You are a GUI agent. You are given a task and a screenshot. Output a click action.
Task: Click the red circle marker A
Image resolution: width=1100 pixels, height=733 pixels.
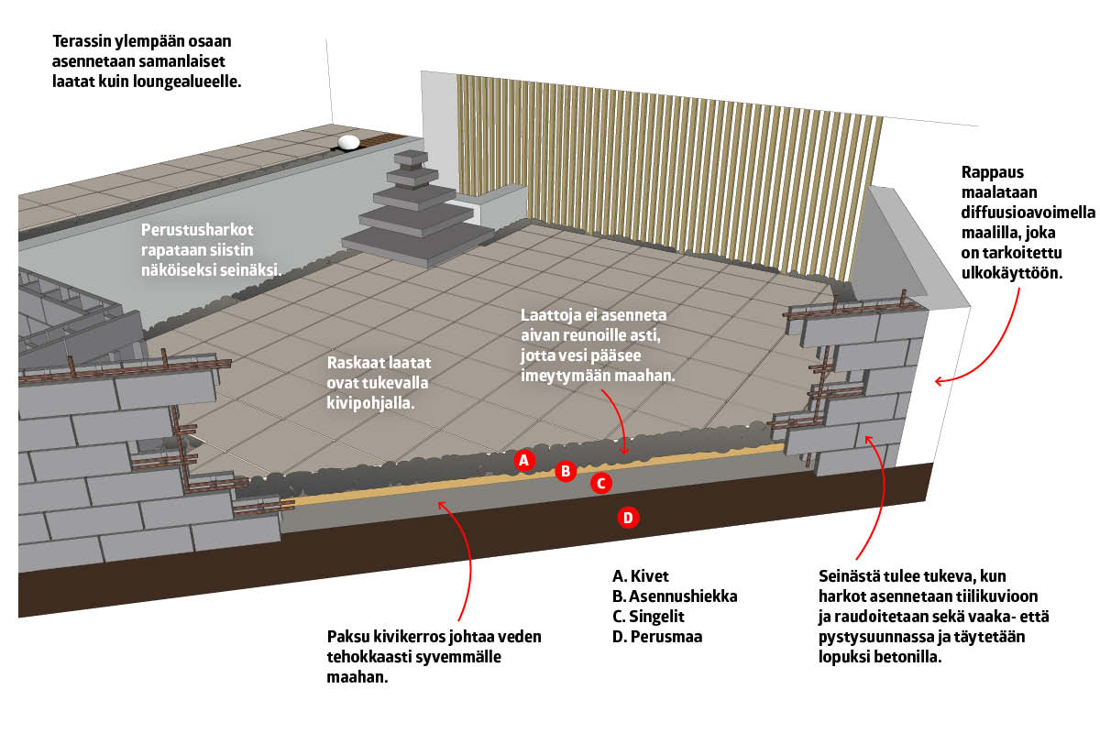pos(524,460)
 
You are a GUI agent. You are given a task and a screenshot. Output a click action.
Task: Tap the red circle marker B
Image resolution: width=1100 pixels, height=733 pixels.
pos(566,472)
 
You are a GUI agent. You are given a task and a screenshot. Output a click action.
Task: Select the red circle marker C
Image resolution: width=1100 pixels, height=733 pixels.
pos(600,483)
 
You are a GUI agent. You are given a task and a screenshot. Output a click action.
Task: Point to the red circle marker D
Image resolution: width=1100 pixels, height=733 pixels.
pos(628,518)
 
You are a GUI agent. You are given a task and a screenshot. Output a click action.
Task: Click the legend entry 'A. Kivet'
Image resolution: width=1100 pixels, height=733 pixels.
pos(641,576)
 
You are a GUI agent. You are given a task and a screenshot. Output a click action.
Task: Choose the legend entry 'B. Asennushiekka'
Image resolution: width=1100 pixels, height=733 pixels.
pos(675,596)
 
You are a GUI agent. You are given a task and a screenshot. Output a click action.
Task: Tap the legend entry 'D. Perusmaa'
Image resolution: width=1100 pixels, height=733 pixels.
pos(657,637)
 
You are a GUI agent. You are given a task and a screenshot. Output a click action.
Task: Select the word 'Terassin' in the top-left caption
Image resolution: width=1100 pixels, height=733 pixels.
pos(82,42)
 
